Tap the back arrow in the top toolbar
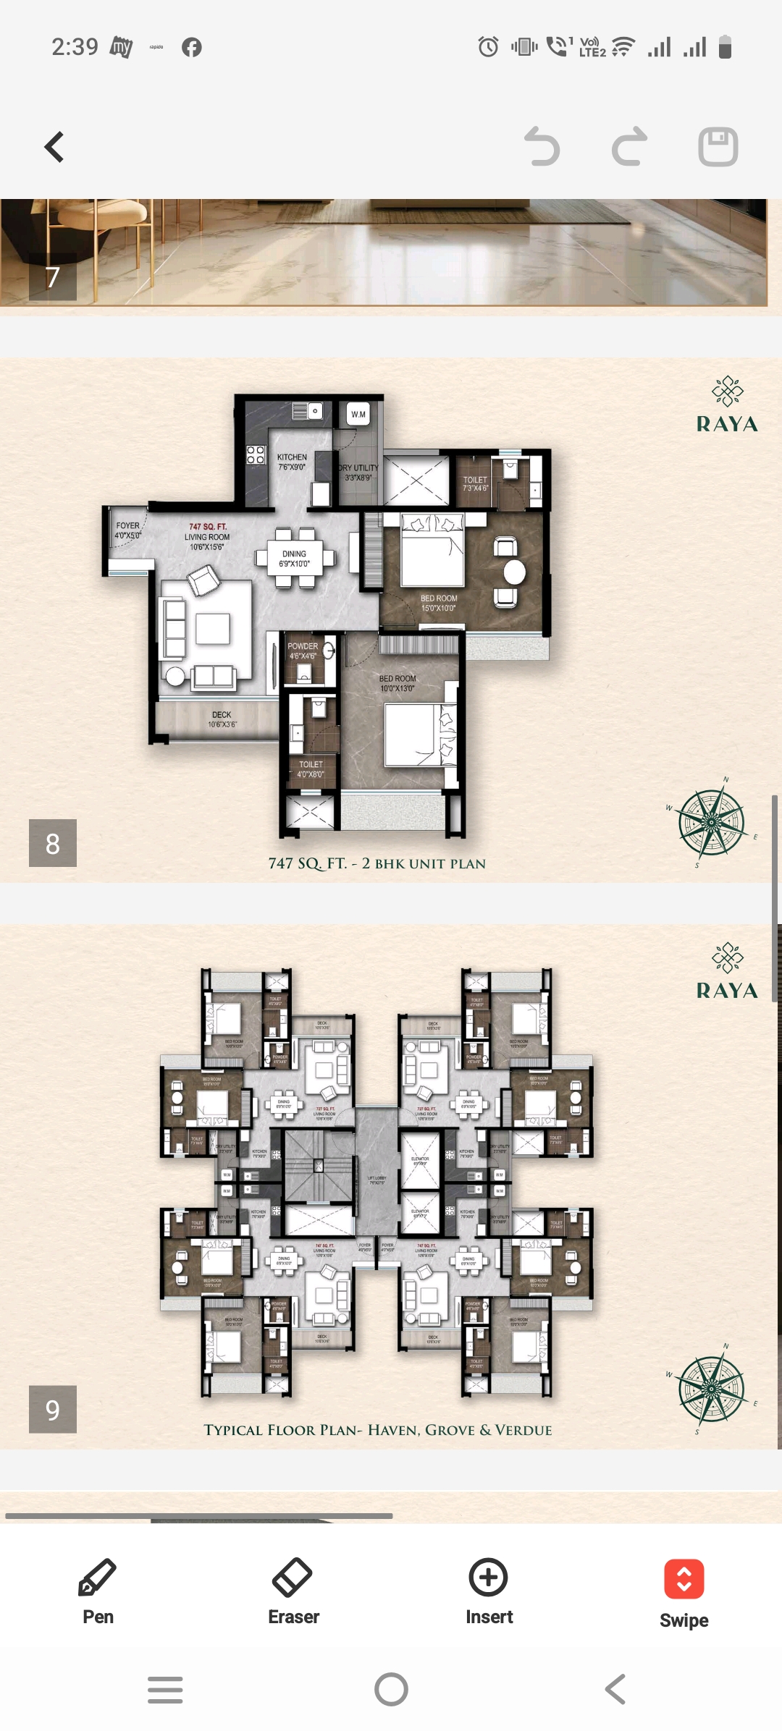tap(54, 147)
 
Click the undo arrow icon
tap(542, 147)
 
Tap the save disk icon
tap(718, 147)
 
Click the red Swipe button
tap(684, 1580)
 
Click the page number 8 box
tap(53, 843)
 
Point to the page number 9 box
tap(53, 1409)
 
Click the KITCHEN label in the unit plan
tap(292, 457)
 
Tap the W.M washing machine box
tap(358, 414)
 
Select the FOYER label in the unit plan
tap(127, 526)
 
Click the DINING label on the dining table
tap(294, 554)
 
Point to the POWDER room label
tap(303, 646)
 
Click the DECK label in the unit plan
tap(222, 715)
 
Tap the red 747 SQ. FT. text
tap(208, 527)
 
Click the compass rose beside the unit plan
tap(711, 823)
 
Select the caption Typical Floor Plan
tap(377, 1430)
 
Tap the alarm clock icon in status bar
tap(488, 48)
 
